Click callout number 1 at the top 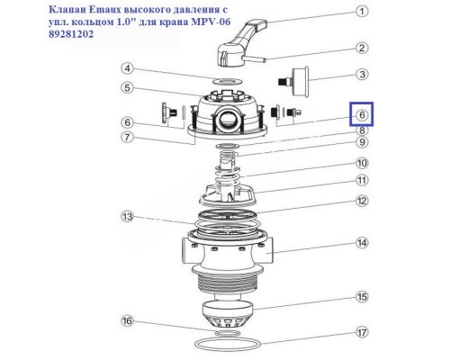click(x=360, y=13)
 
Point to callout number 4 click(x=129, y=68)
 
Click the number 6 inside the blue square click(x=360, y=115)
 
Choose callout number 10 click(x=360, y=163)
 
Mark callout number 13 click(x=129, y=217)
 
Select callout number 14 click(x=360, y=242)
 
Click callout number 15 click(x=360, y=296)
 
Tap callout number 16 click(x=129, y=320)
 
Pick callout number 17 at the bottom click(x=360, y=331)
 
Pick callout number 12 click(x=360, y=202)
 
